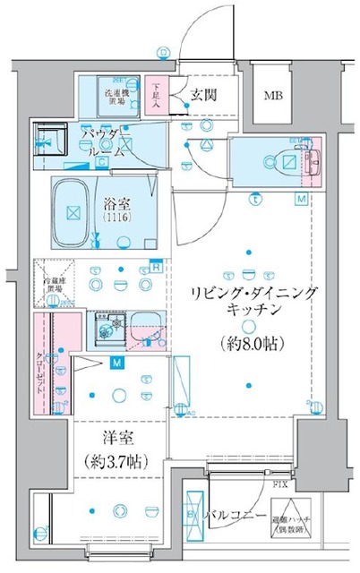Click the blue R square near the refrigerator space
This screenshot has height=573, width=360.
(155, 266)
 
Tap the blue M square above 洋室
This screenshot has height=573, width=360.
(116, 363)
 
